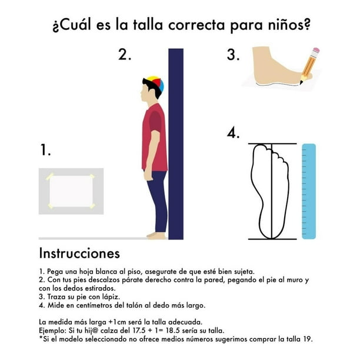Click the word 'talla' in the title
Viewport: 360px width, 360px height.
148,25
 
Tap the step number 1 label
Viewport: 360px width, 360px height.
45,149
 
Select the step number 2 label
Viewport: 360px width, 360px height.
125,55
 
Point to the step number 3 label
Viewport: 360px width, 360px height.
233,55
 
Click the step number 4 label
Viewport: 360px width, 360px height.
233,132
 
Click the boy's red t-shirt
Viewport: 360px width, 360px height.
155,137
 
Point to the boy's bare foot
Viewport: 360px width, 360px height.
156,235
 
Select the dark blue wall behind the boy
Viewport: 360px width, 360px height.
176,144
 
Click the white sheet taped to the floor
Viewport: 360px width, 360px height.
71,191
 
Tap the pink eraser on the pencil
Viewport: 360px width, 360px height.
316,50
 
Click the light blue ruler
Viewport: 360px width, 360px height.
309,191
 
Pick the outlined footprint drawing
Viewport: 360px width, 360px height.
269,191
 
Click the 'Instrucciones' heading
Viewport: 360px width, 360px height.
79,254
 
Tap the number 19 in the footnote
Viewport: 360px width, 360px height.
308,339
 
